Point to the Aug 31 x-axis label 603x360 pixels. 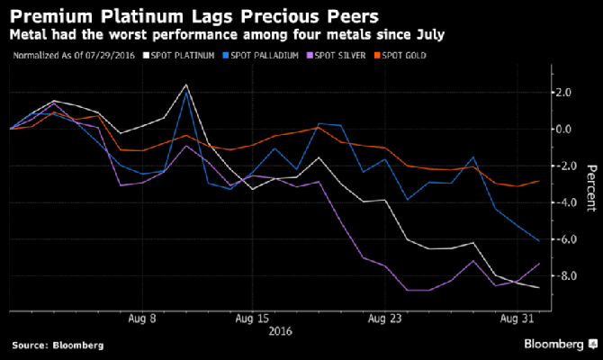[x=515, y=318]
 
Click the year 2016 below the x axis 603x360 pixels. [x=282, y=330]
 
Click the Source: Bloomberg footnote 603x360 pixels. [x=58, y=345]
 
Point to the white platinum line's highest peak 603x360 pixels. [x=185, y=85]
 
